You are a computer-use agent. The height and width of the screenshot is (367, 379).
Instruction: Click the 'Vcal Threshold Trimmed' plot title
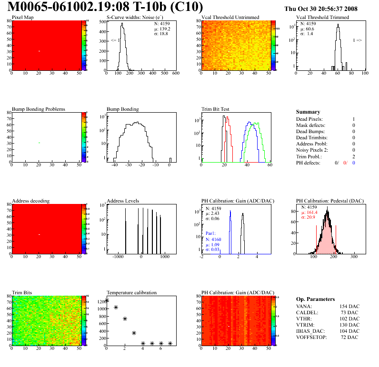coord(322,18)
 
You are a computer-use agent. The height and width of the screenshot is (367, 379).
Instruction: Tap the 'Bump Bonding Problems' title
coord(39,109)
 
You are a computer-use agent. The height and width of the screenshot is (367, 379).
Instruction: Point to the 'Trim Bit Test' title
coord(216,109)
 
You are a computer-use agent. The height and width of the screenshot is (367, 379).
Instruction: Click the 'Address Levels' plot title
coord(123,201)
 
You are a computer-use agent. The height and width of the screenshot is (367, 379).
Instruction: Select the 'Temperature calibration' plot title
coord(132,292)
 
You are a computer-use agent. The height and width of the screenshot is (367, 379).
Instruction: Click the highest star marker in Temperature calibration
coord(107,300)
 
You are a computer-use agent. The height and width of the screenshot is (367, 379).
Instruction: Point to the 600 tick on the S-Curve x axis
coord(175,73)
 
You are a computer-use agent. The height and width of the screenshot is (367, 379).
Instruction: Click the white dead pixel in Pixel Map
coord(39,51)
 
